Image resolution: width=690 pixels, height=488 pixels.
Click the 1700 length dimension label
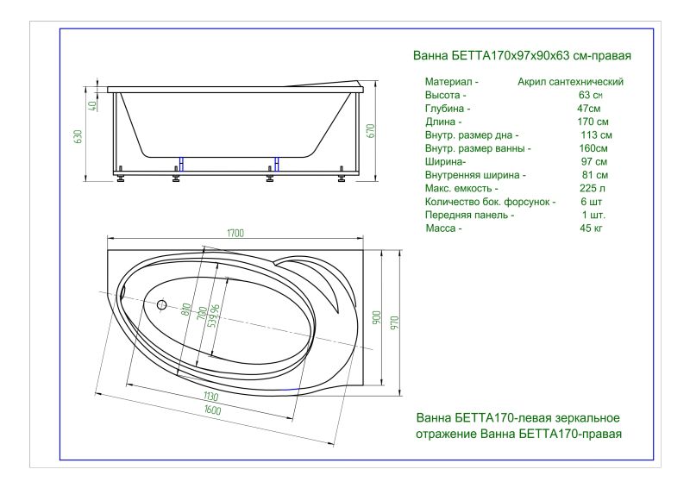tap(235, 233)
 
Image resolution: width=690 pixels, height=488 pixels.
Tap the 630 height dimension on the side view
tap(78, 137)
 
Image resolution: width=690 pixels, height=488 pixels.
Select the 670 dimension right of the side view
tap(371, 131)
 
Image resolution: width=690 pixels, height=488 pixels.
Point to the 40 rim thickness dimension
tap(92, 106)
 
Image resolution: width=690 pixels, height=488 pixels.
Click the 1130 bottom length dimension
tap(210, 397)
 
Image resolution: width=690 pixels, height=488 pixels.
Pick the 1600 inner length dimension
tap(212, 410)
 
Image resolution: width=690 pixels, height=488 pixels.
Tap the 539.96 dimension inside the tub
tap(214, 316)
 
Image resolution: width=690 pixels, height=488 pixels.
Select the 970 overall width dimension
tap(394, 323)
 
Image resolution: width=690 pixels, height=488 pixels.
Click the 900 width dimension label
tap(377, 318)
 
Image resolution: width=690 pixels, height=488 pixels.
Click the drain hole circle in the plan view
tap(162, 304)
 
